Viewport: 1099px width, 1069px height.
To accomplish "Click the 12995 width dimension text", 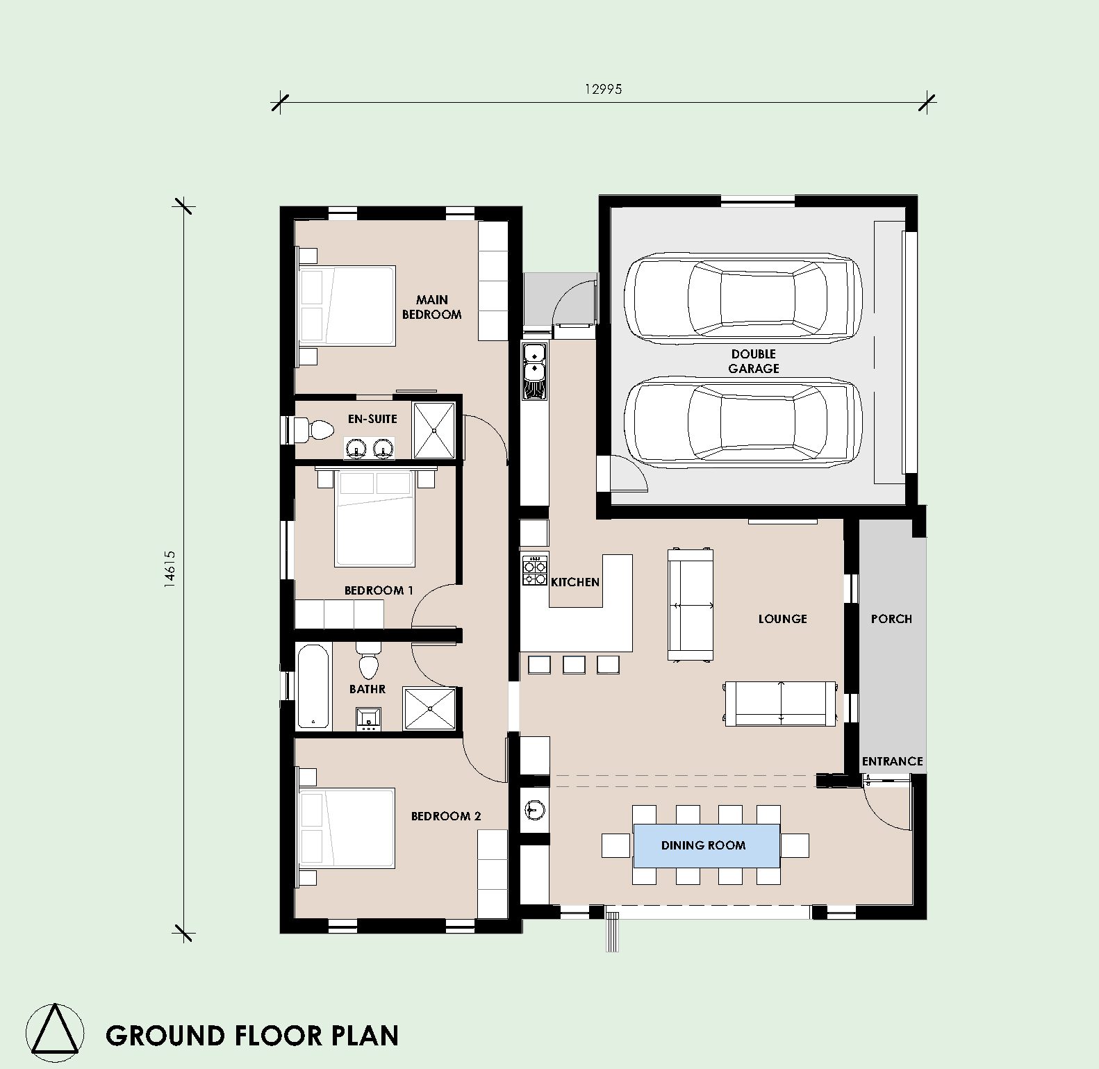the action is coord(603,89).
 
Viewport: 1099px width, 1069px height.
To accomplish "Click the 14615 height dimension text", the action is coord(170,570).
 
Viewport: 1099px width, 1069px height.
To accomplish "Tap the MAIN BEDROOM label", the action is coord(431,307).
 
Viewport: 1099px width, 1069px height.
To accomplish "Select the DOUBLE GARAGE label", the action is coord(754,361).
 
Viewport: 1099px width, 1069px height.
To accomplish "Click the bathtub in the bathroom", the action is coord(313,686).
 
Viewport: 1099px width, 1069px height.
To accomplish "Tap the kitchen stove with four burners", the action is coord(535,570).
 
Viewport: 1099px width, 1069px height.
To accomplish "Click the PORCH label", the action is coord(891,619).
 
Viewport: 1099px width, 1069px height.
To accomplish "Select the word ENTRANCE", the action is coord(892,761).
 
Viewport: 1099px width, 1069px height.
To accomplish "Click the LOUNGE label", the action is coord(782,619).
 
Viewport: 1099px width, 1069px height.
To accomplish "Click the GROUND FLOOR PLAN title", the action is coord(252,1035).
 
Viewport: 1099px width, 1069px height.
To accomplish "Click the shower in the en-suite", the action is coord(435,431).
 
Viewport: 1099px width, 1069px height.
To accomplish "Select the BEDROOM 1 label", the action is coord(379,590).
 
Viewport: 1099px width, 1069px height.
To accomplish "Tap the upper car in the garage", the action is coord(743,299).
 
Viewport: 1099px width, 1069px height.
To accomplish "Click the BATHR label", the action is coord(367,689).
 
